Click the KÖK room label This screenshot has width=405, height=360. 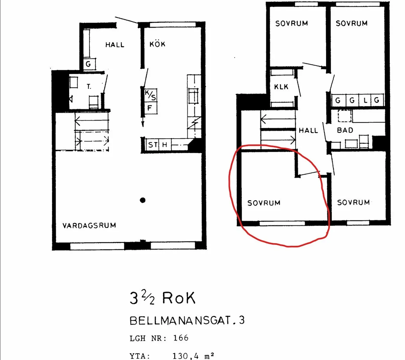pyautogui.click(x=157, y=44)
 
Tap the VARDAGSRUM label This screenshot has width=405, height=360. pyautogui.click(x=89, y=225)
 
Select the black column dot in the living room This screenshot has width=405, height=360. pyautogui.click(x=143, y=200)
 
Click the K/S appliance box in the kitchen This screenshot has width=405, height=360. pyautogui.click(x=151, y=95)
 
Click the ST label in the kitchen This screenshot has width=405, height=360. pyautogui.click(x=153, y=145)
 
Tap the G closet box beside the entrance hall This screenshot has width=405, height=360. pyautogui.click(x=88, y=64)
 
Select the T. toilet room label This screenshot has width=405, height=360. pyautogui.click(x=89, y=87)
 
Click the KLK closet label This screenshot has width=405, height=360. pyautogui.click(x=281, y=87)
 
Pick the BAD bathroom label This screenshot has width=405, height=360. pyautogui.click(x=345, y=130)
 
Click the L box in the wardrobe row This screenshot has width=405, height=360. pyautogui.click(x=365, y=100)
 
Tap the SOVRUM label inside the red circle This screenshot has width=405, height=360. pyautogui.click(x=264, y=203)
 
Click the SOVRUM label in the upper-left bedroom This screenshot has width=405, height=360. pyautogui.click(x=291, y=23)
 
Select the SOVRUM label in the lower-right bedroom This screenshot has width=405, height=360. pyautogui.click(x=353, y=202)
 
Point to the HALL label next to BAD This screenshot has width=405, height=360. pyautogui.click(x=308, y=130)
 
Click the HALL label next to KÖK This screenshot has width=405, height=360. pyautogui.click(x=115, y=45)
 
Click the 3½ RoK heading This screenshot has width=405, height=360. pyautogui.click(x=162, y=298)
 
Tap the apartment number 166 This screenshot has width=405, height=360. pyautogui.click(x=181, y=338)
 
